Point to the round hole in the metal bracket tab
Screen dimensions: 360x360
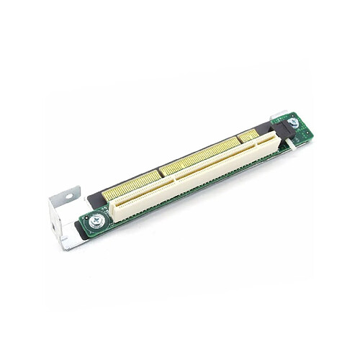[x=70, y=194]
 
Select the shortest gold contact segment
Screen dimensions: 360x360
[x=247, y=135]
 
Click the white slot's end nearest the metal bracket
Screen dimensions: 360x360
[x=115, y=210]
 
